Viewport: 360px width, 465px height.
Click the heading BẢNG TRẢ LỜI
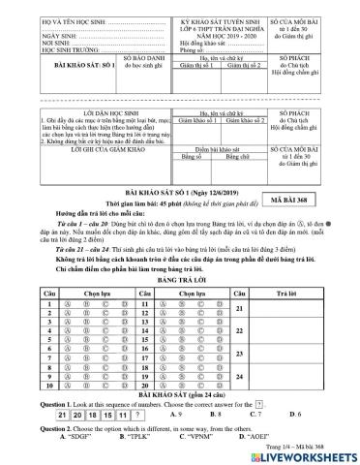[x=179, y=253]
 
